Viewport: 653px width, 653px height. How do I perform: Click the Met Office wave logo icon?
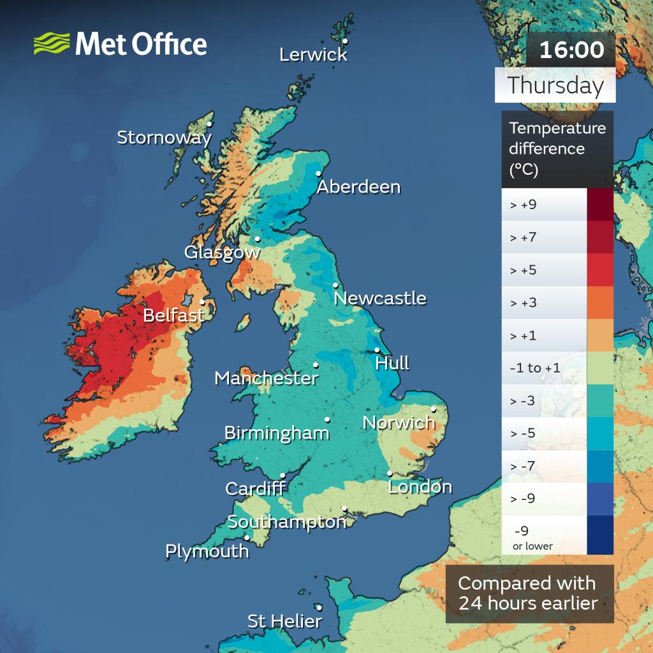click(52, 44)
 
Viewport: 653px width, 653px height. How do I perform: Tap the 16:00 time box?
click(571, 50)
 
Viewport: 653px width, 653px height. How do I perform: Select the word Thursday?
click(555, 85)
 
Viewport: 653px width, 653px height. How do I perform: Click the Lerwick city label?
click(313, 55)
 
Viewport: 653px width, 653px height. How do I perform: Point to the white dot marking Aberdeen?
click(319, 172)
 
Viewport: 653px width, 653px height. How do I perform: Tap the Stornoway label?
click(164, 137)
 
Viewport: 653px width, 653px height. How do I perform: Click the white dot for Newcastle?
click(335, 285)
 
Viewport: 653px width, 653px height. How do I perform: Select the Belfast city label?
click(173, 315)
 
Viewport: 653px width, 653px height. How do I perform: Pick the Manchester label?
click(266, 378)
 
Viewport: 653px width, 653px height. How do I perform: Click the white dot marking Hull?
click(378, 349)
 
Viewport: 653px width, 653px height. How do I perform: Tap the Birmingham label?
click(277, 434)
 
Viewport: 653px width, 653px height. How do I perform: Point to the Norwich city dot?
click(434, 409)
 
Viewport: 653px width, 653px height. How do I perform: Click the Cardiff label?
click(255, 489)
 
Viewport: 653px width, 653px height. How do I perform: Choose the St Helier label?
click(284, 621)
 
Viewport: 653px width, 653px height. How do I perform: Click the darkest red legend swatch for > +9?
click(599, 205)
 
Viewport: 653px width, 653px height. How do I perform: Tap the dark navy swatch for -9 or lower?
click(599, 534)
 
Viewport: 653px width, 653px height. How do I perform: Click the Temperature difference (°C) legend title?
click(557, 149)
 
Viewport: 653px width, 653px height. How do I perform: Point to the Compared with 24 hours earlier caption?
click(529, 593)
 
